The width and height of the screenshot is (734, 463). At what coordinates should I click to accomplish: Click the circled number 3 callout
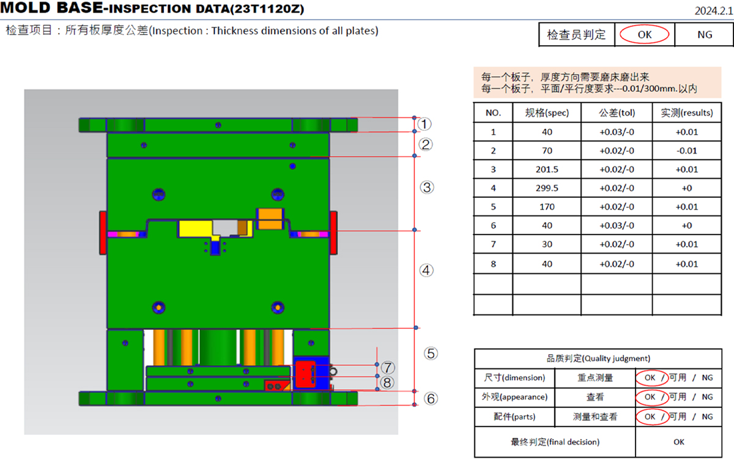click(427, 188)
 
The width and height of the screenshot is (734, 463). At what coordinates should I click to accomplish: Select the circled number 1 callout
click(424, 124)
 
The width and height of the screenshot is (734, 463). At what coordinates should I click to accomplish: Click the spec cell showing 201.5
click(546, 169)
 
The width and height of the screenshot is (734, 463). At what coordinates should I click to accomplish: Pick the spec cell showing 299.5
click(546, 188)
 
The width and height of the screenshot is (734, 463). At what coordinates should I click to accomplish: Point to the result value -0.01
click(686, 151)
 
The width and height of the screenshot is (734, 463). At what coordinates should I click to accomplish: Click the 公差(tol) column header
click(617, 113)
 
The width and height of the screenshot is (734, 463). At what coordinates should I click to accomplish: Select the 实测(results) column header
click(686, 113)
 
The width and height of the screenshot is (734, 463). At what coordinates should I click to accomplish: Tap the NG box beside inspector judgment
click(705, 35)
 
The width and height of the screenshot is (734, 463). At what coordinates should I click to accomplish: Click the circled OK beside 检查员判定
click(645, 35)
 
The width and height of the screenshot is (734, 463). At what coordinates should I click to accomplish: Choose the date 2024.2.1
click(713, 10)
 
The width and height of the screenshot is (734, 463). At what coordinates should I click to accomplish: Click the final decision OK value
click(678, 442)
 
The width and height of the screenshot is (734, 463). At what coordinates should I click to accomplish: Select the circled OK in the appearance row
click(650, 397)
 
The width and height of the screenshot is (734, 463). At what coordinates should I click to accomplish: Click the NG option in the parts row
click(707, 417)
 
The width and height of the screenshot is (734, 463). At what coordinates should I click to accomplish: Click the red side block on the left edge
click(103, 233)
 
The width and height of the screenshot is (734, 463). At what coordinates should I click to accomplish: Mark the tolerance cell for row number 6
click(617, 225)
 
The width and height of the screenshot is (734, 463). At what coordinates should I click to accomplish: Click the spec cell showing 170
click(546, 206)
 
